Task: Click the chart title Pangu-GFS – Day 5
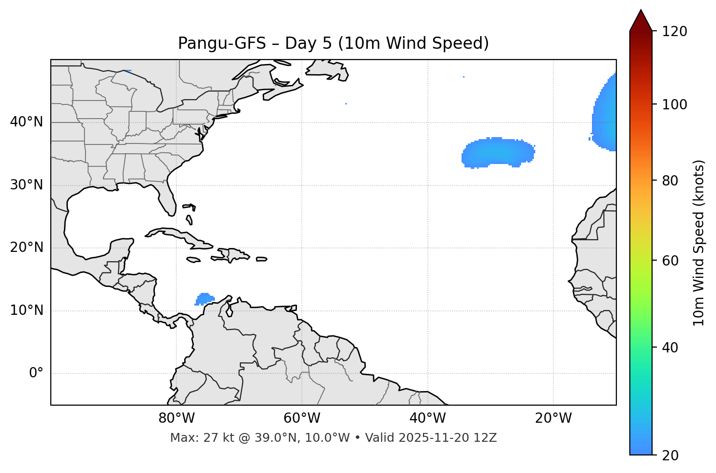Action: click(x=333, y=43)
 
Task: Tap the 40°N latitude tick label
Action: click(x=26, y=122)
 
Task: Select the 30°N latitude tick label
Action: click(x=26, y=185)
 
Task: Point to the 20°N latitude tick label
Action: click(x=26, y=248)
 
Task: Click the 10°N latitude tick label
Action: click(x=26, y=310)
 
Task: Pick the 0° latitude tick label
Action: click(x=36, y=373)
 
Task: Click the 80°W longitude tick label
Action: click(x=176, y=418)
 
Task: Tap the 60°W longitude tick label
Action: click(x=302, y=418)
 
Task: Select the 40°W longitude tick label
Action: click(x=427, y=418)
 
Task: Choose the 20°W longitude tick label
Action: click(x=553, y=418)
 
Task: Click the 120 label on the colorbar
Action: click(x=674, y=32)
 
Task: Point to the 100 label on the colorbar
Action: click(x=674, y=104)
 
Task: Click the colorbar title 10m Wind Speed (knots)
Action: click(x=699, y=243)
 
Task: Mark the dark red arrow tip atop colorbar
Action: click(x=640, y=20)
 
